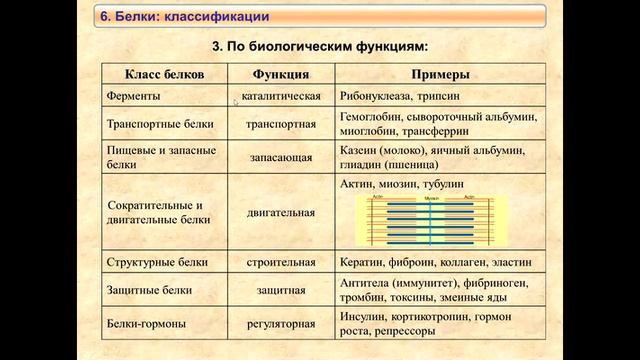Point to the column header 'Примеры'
(x=441, y=75)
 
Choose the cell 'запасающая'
(x=280, y=157)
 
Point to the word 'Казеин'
(x=360, y=149)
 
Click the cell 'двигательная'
(x=280, y=212)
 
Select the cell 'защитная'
(x=280, y=291)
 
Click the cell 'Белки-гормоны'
(x=146, y=323)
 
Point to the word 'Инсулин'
(x=367, y=316)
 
